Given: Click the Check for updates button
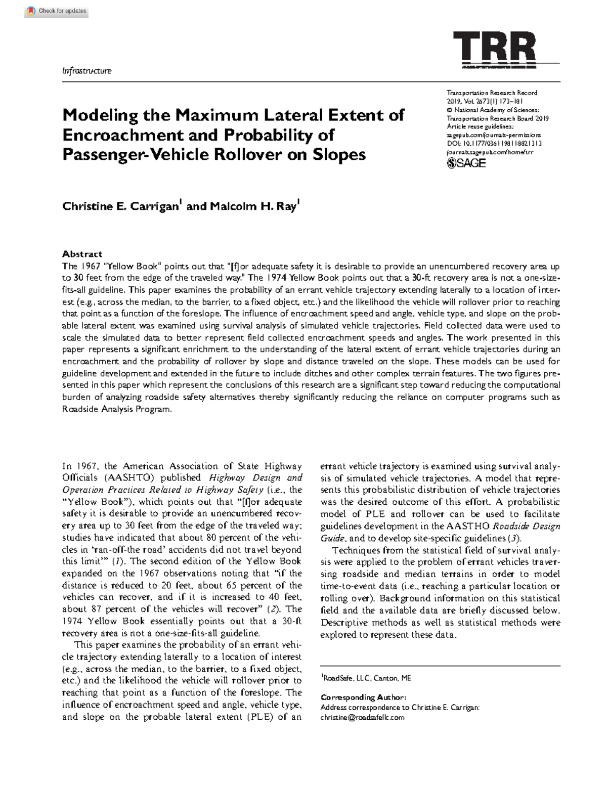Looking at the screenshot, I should click(x=57, y=11).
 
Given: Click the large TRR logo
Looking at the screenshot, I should click(x=495, y=49).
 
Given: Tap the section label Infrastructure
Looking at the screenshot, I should click(x=86, y=71).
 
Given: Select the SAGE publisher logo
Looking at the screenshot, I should click(x=466, y=163).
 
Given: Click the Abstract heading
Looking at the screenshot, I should click(x=82, y=254).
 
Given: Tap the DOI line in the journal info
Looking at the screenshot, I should click(x=494, y=144).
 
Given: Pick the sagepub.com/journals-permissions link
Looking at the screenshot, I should click(x=493, y=135).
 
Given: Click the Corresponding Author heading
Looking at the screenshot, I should click(x=363, y=697).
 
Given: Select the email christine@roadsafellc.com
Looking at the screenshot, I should click(x=362, y=717).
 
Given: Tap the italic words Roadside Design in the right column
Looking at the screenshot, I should click(x=526, y=526).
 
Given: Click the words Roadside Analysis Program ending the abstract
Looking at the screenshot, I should click(x=116, y=410).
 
